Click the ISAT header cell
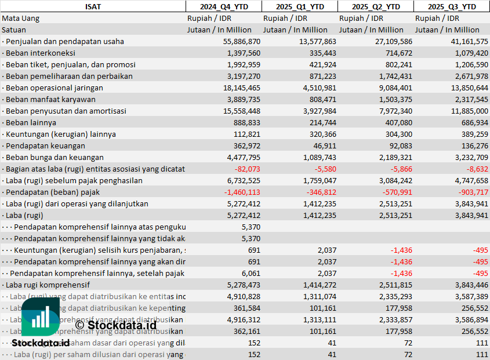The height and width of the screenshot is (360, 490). (92, 6)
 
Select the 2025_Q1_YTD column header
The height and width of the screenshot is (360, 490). (299, 6)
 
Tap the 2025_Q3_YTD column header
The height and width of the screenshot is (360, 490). (452, 6)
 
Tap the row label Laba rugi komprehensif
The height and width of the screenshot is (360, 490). (48, 285)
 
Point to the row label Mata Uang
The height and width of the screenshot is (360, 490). (21, 19)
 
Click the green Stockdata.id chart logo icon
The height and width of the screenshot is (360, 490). (40, 317)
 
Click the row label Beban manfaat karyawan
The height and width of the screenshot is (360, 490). (42, 100)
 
